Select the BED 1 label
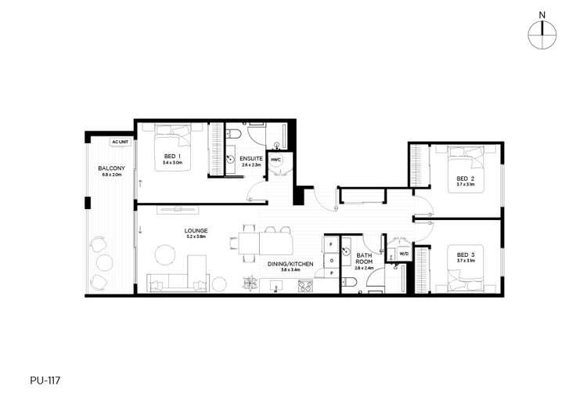172,157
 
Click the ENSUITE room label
250,159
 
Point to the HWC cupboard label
275,160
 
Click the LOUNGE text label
196,231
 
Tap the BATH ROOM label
364,259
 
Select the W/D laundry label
404,254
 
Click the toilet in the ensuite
234,136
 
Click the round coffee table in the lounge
164,254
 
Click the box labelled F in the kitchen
332,244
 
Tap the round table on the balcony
103,263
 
